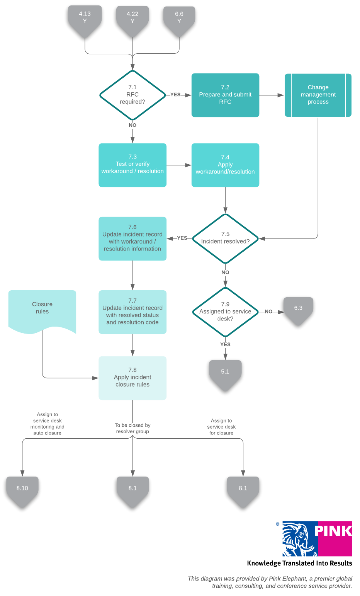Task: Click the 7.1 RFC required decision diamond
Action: click(132, 95)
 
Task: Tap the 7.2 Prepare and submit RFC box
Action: click(225, 95)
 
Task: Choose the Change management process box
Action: click(318, 95)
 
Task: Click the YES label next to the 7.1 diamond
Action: click(175, 95)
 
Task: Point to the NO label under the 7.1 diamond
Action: click(132, 125)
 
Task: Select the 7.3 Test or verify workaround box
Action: click(132, 165)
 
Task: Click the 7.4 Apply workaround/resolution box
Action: click(225, 165)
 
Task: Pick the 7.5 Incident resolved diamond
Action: click(225, 238)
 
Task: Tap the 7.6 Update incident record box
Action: click(132, 238)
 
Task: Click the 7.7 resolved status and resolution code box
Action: click(132, 312)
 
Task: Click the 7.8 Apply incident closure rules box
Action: click(132, 378)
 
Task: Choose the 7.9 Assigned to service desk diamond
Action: click(225, 312)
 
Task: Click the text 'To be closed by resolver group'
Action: click(132, 428)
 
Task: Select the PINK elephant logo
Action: click(317, 538)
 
